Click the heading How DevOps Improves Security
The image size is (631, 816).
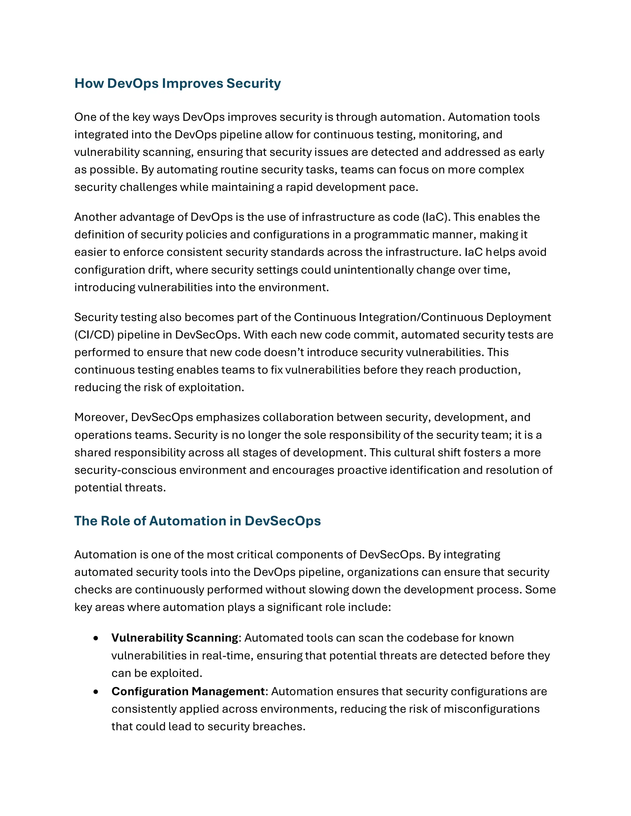coord(177,83)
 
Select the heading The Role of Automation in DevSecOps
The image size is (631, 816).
coord(197,521)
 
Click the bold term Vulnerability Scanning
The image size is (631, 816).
coord(175,638)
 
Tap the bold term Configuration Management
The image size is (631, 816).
coord(188,692)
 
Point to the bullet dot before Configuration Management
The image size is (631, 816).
coord(96,692)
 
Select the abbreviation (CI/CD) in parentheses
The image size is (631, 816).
coord(94,335)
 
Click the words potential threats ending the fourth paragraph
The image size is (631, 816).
coord(120,487)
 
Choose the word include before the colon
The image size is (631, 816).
coord(368,607)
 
